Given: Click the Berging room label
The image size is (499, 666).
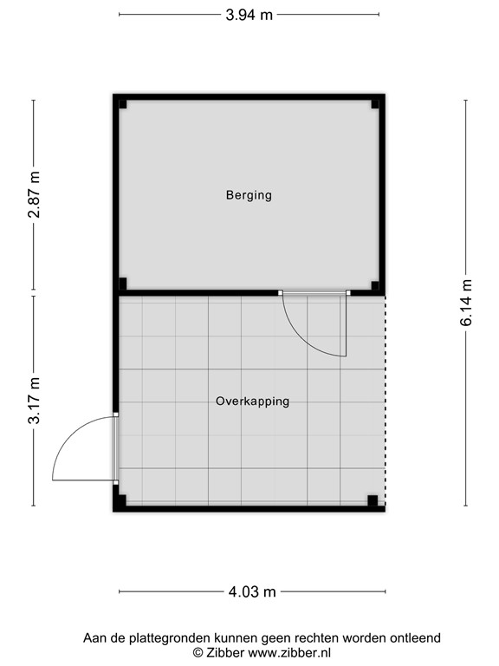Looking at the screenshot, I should tap(249, 195).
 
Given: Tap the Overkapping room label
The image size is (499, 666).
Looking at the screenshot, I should tap(252, 402).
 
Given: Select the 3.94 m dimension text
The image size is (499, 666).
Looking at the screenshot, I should tap(249, 14).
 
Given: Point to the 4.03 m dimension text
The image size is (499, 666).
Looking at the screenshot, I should tap(252, 592).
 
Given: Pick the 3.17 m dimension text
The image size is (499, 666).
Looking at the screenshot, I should tap(35, 401).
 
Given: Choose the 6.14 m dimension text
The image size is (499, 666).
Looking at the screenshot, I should tap(466, 303).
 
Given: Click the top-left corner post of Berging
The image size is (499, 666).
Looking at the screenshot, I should tap(123, 104).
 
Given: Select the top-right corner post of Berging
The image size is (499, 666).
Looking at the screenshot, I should tap(375, 104).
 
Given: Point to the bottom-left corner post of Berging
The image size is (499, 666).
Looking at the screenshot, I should tap(123, 284).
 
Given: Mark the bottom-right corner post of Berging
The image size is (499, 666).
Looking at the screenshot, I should tap(375, 284).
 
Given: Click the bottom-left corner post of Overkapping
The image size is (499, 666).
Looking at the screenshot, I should tap(121, 500).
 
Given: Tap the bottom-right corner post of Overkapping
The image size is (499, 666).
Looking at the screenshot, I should tap(373, 500).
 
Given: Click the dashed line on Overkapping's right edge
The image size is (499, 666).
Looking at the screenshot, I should tap(386, 399).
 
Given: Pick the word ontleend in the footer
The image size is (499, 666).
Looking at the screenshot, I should tap(416, 637).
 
